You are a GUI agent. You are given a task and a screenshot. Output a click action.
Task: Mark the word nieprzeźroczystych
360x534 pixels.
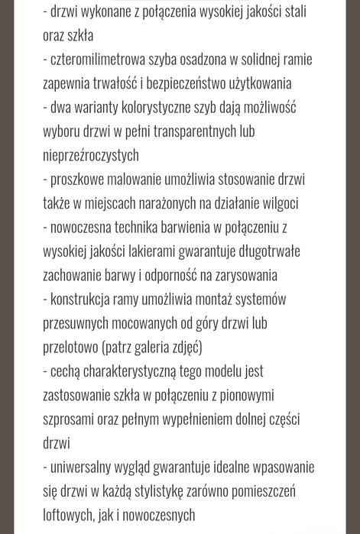(91, 154)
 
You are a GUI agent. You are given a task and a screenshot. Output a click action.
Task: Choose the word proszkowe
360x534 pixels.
(79, 179)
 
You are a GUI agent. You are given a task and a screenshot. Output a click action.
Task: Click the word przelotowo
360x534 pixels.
(70, 347)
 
